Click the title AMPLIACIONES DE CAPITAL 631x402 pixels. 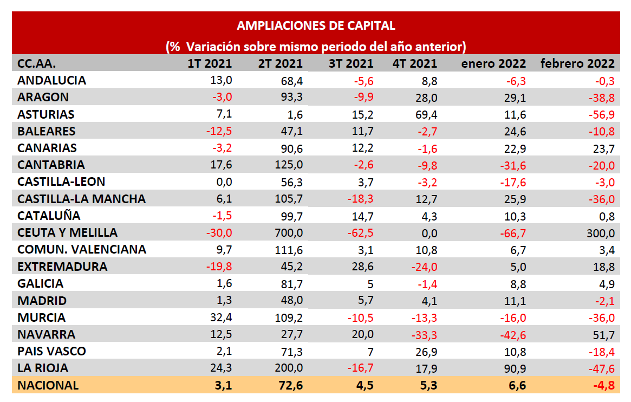(316, 25)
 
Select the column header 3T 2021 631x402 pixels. (351, 63)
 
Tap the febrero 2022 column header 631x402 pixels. (577, 63)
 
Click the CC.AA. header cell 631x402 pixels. (37, 63)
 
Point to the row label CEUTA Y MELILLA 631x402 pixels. (68, 232)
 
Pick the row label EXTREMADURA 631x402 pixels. (62, 267)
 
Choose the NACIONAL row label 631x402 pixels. (48, 385)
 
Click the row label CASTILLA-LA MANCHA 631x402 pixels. (82, 199)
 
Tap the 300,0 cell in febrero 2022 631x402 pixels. (601, 233)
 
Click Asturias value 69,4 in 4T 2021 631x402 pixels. (425, 114)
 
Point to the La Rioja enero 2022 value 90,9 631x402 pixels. (514, 368)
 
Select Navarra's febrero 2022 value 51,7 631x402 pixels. (603, 334)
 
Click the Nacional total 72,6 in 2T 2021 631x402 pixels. (288, 385)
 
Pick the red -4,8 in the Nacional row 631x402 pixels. (602, 385)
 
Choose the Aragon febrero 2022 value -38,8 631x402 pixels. (601, 98)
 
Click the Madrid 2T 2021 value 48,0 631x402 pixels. (291, 301)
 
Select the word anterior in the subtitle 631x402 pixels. (440, 47)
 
